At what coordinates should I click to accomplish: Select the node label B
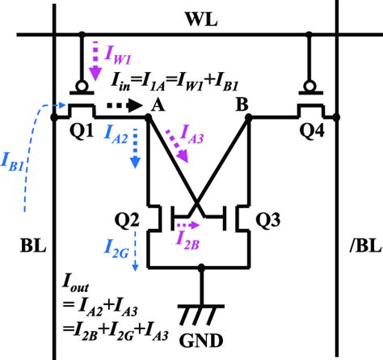click(241, 103)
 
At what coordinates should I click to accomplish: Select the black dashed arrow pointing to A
click(122, 104)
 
